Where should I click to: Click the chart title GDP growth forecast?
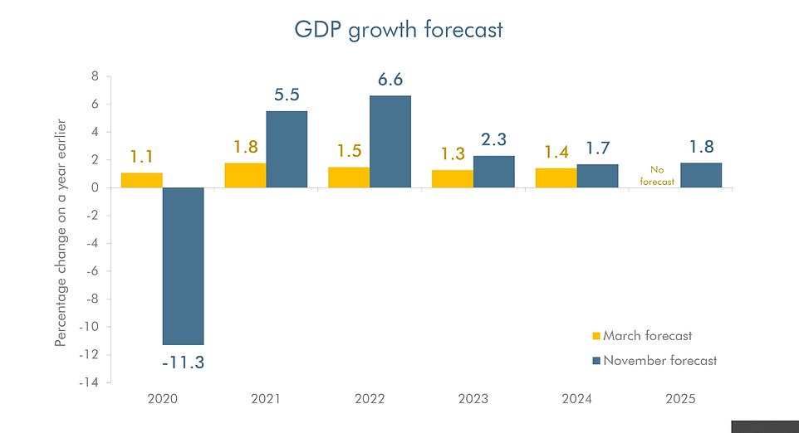pos(399,30)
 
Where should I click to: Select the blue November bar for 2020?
pos(183,265)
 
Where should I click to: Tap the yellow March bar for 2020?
pos(141,180)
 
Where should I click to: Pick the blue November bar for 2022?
pos(390,141)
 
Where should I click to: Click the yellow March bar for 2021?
pos(245,175)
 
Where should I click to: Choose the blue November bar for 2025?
pos(701,175)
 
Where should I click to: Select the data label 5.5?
pos(287,95)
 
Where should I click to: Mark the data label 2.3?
pos(493,139)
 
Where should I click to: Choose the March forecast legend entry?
pos(641,336)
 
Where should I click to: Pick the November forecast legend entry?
pos(654,361)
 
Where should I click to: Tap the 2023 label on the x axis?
pos(473,399)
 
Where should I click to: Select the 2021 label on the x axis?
pos(266,399)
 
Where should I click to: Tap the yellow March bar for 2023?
pos(452,178)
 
